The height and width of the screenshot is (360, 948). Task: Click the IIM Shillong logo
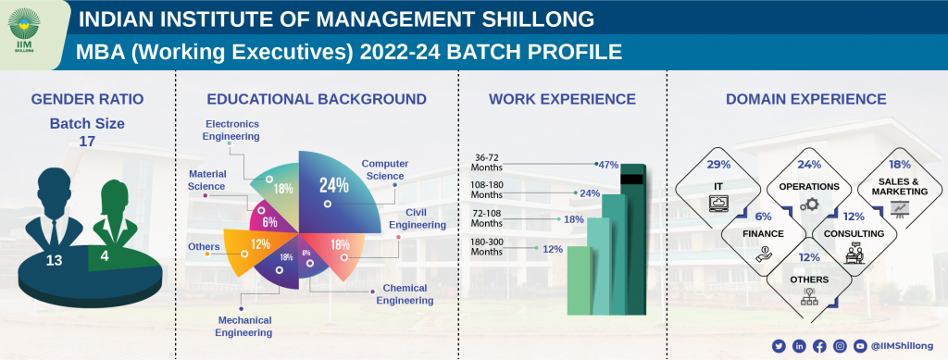(29, 31)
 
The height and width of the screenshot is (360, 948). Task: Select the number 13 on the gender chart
(54, 260)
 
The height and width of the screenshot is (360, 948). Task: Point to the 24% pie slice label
(333, 184)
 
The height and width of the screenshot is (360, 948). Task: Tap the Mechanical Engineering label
(243, 326)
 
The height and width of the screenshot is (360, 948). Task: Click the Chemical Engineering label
(405, 294)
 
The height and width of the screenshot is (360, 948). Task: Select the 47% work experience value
(608, 165)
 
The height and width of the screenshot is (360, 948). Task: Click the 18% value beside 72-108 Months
(574, 219)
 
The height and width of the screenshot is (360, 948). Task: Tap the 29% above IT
(718, 164)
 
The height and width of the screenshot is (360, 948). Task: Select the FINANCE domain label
(762, 233)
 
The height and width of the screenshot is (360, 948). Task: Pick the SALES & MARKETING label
(899, 186)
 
